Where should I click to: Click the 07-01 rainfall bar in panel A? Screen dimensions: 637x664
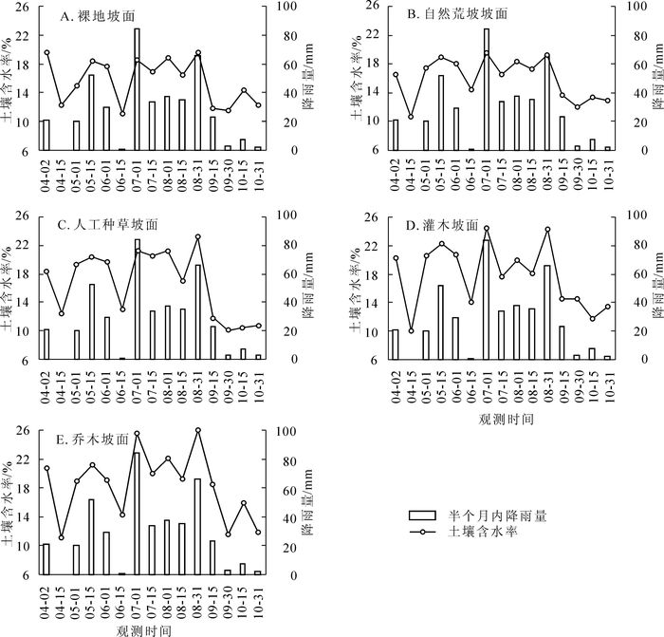point(138,90)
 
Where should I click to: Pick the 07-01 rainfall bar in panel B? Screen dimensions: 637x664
point(487,90)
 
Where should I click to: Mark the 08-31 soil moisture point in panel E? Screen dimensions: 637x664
point(198,430)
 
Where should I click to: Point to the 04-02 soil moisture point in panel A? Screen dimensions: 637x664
point(46,52)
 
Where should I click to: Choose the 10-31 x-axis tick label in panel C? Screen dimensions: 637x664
point(258,385)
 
